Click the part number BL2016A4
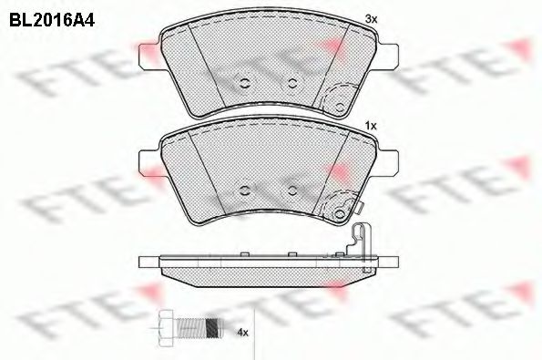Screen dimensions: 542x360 point(52,20)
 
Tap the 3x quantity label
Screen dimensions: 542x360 point(372,19)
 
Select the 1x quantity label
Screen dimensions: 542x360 point(371,127)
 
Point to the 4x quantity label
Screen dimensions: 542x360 point(242,333)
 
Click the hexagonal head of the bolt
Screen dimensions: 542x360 point(166,327)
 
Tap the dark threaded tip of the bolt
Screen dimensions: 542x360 point(213,327)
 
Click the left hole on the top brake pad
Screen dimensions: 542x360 point(245,83)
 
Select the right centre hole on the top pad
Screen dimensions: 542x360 point(292,83)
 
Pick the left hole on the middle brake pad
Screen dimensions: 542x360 point(245,190)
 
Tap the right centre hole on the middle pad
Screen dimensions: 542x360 point(292,190)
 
